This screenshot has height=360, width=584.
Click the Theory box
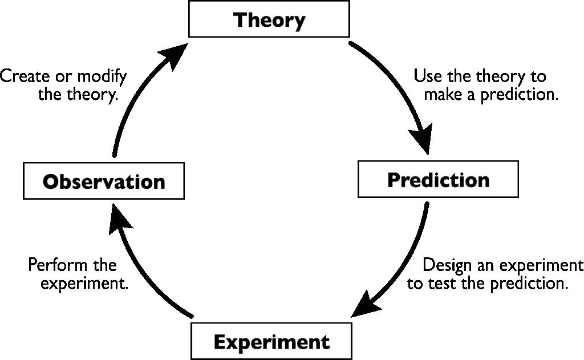pyautogui.click(x=269, y=20)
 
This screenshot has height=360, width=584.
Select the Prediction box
pyautogui.click(x=438, y=180)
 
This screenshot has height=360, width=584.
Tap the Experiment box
pyautogui.click(x=271, y=342)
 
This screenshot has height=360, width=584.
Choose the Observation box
pyautogui.click(x=104, y=181)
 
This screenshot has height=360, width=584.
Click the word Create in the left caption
pyautogui.click(x=22, y=76)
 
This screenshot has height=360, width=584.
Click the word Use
pyautogui.click(x=425, y=76)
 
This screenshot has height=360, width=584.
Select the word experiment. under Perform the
pyautogui.click(x=84, y=284)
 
